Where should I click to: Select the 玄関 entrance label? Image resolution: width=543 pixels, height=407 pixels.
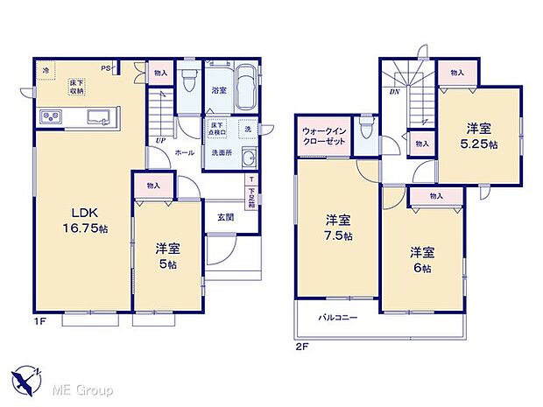[x=226, y=216]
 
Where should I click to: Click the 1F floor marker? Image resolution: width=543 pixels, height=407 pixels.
[x=39, y=323]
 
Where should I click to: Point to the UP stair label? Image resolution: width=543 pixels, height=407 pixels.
[x=159, y=140]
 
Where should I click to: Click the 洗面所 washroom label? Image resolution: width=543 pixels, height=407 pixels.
[x=222, y=153]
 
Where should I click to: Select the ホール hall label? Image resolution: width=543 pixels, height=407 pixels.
[x=184, y=152]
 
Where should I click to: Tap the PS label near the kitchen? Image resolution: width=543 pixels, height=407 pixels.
[x=106, y=67]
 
